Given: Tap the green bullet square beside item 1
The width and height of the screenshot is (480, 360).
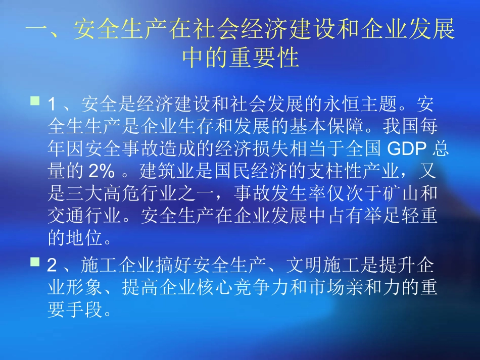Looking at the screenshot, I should [x=35, y=102].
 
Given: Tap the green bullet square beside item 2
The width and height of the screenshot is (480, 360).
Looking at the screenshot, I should [x=35, y=262].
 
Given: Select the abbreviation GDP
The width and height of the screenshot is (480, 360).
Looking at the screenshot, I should [x=405, y=149].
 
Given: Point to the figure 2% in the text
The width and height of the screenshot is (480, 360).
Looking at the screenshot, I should [x=101, y=171].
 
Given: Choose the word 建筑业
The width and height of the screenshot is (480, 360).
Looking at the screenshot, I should [x=165, y=171].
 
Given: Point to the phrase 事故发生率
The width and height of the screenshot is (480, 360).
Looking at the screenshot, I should [x=282, y=193].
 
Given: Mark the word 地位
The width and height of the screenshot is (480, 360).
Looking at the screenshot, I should [x=80, y=237].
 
